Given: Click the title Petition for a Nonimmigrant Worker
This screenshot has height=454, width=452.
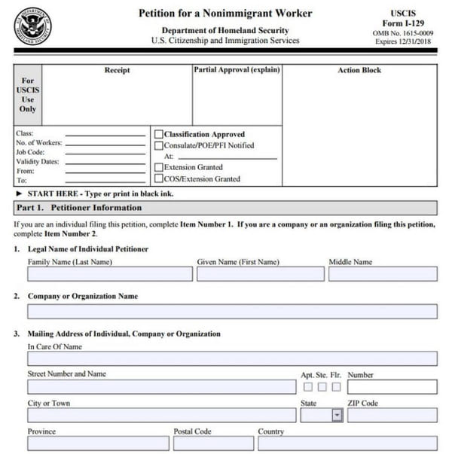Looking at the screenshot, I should click(x=225, y=14).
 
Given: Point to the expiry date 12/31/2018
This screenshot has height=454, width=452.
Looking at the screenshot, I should click(x=419, y=42).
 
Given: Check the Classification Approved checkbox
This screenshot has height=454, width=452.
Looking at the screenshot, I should click(x=158, y=134).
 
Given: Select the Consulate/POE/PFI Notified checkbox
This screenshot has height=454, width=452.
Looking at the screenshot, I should click(x=158, y=145).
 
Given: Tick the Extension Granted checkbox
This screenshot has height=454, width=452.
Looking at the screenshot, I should click(x=158, y=167).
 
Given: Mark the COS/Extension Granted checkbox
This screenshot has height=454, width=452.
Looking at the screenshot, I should click(x=158, y=178).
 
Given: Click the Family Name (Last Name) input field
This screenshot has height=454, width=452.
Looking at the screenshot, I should click(x=109, y=274).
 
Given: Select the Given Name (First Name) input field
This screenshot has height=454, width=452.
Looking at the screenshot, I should click(x=259, y=274).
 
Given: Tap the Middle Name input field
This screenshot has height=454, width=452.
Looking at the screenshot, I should click(x=382, y=274).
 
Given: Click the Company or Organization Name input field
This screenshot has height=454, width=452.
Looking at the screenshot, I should click(x=232, y=311).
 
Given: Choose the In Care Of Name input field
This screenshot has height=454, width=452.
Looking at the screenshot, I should click(x=232, y=360).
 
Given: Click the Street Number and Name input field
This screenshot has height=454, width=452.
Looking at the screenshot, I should click(x=161, y=387).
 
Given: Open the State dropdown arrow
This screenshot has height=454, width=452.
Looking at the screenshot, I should click(x=337, y=415).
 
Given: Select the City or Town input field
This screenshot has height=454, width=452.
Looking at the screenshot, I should click(x=161, y=415).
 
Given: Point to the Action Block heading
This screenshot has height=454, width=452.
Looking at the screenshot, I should click(x=359, y=70).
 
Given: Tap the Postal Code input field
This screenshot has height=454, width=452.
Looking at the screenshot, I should click(x=203, y=443).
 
